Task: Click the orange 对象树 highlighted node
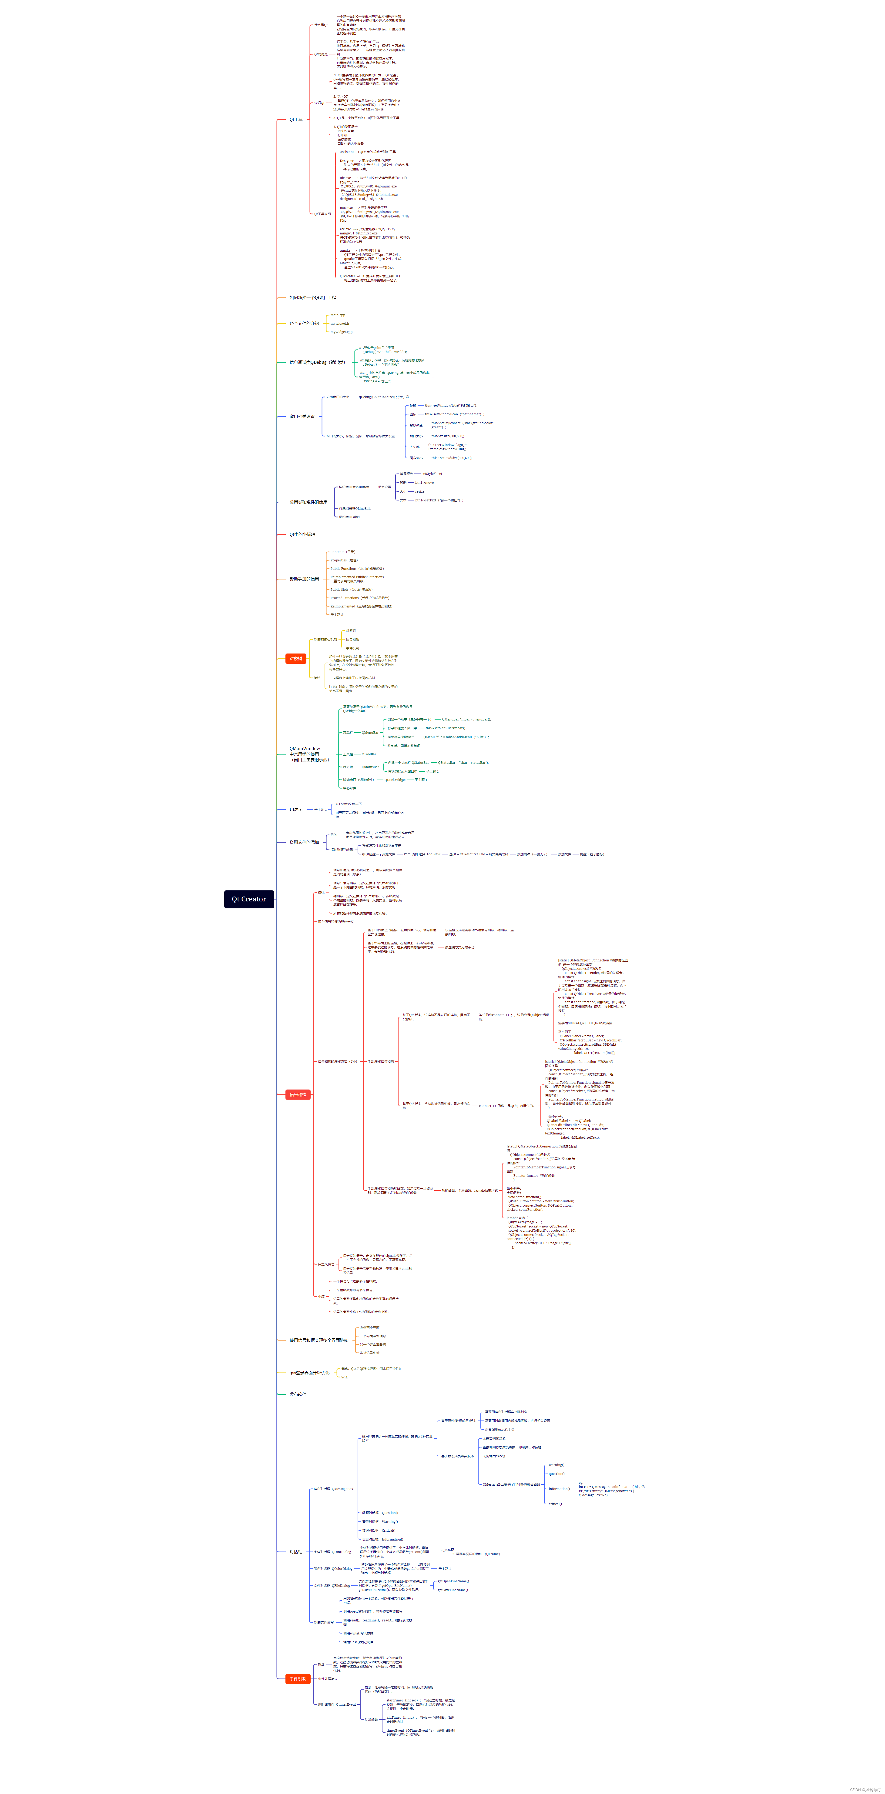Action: pos(295,658)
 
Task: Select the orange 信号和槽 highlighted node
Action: pos(298,1094)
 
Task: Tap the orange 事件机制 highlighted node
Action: pos(298,1678)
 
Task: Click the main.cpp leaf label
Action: pos(337,315)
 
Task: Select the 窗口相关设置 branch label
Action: pos(302,417)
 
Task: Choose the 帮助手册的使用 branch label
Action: pos(304,579)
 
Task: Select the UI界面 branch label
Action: pos(296,809)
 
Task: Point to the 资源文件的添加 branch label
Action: pos(304,842)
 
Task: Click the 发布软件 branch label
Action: pos(298,1394)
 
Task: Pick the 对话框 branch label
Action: pos(295,1552)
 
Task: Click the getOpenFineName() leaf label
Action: pos(453,1581)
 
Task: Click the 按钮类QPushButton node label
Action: pos(354,487)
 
